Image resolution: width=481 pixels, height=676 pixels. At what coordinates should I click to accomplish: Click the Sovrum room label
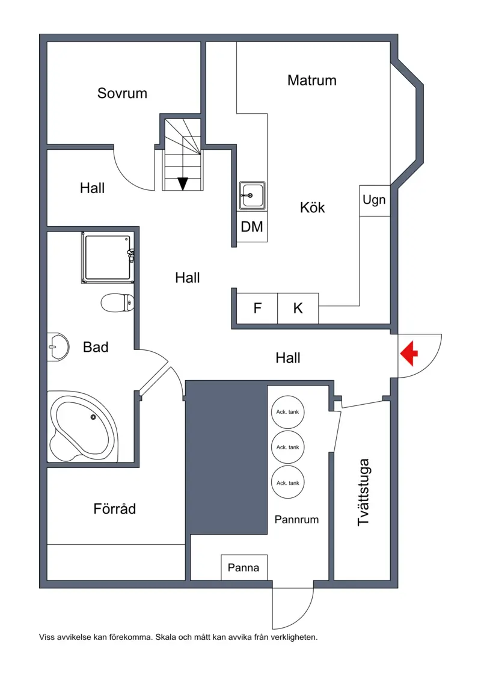click(x=122, y=93)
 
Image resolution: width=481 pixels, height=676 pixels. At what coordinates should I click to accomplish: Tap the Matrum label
click(x=311, y=80)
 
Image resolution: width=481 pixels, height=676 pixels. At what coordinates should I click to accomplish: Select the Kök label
click(x=312, y=207)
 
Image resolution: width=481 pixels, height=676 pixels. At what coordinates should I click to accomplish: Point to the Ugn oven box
click(x=375, y=200)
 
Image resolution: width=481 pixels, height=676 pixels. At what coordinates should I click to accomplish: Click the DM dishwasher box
click(x=252, y=227)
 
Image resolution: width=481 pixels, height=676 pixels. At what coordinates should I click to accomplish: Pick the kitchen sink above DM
click(x=252, y=195)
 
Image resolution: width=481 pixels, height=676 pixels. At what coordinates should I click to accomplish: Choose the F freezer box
click(x=257, y=309)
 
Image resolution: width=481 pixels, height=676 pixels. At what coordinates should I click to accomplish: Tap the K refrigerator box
click(x=298, y=309)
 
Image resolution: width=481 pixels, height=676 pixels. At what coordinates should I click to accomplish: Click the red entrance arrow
click(x=409, y=353)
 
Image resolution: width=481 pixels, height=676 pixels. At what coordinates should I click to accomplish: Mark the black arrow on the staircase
click(x=183, y=183)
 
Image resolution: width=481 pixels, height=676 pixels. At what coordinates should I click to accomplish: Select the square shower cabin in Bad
click(x=108, y=258)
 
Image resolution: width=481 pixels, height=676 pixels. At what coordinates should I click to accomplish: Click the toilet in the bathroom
click(x=118, y=303)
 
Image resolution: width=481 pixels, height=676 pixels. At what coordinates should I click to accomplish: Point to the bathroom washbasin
click(x=58, y=346)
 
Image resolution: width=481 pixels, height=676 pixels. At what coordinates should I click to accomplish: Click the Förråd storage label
click(x=115, y=509)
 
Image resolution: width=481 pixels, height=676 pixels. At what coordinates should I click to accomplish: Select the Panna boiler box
click(x=244, y=567)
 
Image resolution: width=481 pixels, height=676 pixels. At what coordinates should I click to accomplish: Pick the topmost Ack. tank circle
click(x=288, y=412)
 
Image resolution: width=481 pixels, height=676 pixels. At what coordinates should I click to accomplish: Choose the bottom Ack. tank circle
click(x=288, y=483)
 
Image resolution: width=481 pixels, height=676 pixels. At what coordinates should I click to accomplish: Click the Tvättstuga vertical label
click(x=364, y=492)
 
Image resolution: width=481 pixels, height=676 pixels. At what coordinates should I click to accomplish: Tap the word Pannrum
click(x=296, y=520)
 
